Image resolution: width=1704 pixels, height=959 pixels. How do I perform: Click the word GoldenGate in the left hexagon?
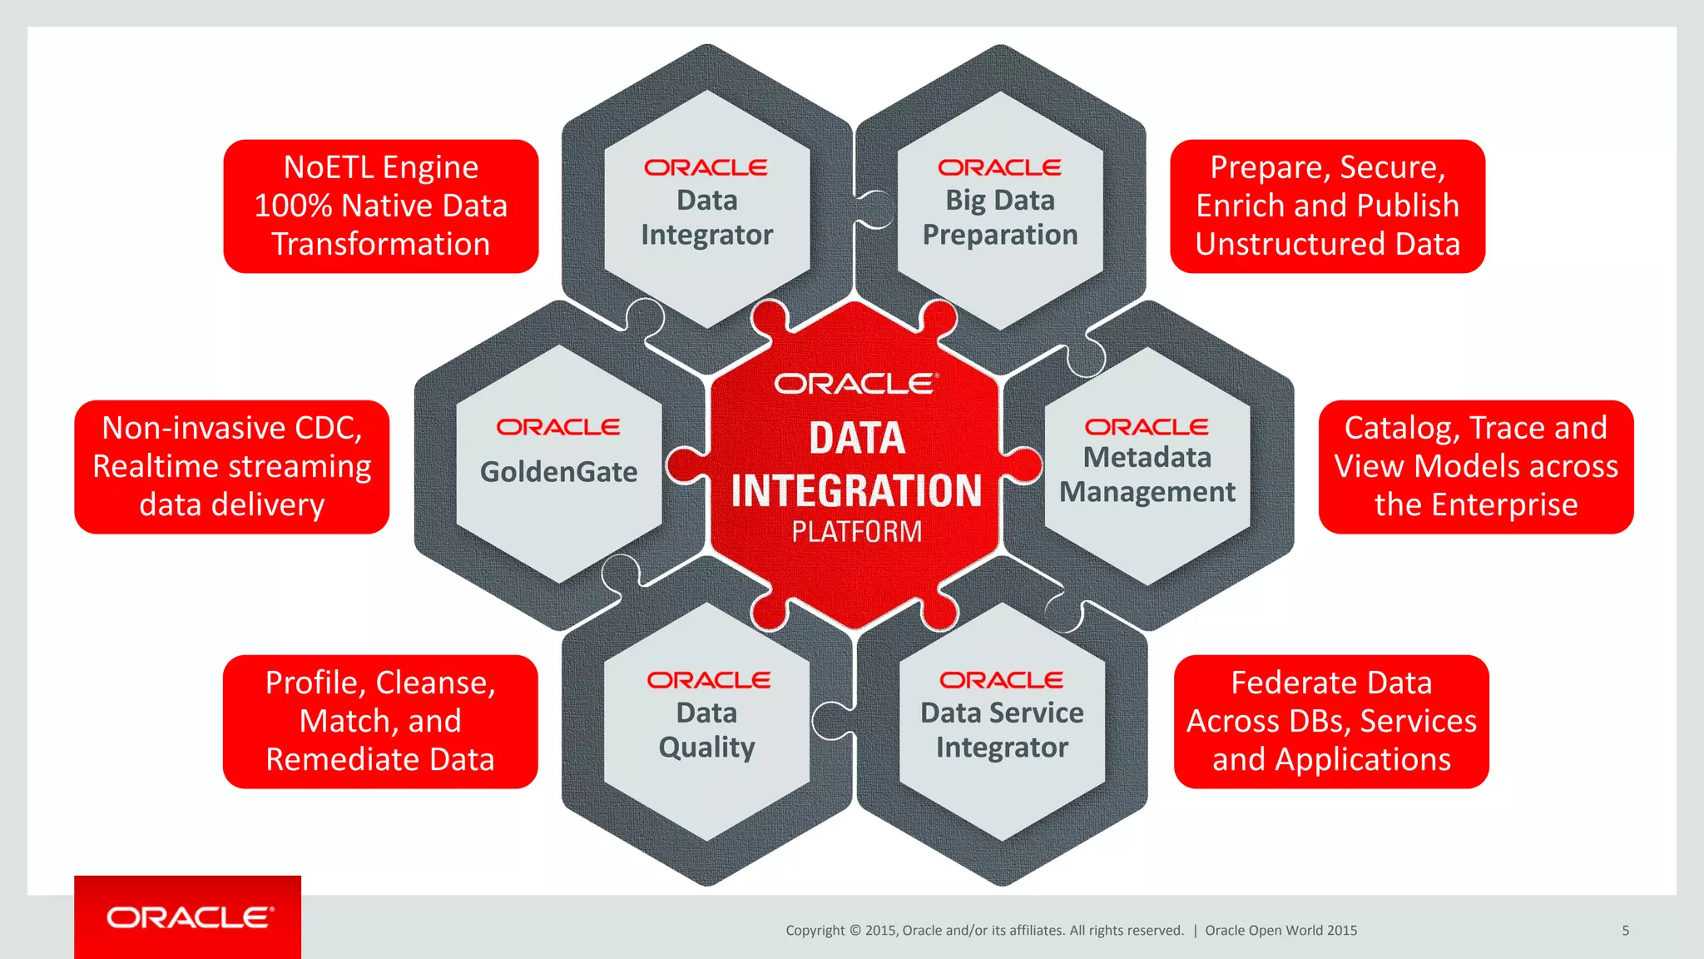[x=558, y=472]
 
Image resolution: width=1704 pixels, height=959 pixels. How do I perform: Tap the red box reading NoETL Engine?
[x=380, y=206]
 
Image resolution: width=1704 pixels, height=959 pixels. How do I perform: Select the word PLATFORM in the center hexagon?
[x=856, y=531]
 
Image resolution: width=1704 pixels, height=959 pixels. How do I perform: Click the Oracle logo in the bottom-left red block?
[x=190, y=917]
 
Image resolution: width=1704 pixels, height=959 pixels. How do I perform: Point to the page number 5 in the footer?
[x=1625, y=931]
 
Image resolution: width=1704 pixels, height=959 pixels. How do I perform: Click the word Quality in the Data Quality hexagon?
[x=706, y=748]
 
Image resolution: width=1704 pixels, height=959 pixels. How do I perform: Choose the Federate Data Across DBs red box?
[x=1330, y=721]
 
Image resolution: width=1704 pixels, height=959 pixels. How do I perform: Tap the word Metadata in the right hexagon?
[x=1147, y=457]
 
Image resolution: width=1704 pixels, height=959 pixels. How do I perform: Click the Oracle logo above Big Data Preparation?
[x=999, y=167]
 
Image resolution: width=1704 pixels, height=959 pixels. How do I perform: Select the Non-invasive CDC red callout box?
[x=231, y=466]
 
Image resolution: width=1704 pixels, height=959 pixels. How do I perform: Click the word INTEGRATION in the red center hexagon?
[x=856, y=490]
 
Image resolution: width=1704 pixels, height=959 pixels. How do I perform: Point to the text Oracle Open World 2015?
[x=1280, y=931]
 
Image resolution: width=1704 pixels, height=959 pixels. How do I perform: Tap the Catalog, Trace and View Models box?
[x=1475, y=466]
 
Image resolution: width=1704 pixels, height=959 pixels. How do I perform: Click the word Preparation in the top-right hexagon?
[x=999, y=235]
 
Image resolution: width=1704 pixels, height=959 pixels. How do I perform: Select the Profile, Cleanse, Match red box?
[x=380, y=721]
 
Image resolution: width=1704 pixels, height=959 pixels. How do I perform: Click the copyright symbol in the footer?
[x=854, y=931]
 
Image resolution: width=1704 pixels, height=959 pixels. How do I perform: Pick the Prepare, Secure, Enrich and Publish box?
[x=1327, y=206]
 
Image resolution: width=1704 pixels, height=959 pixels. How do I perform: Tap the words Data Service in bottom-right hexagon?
[x=1002, y=713]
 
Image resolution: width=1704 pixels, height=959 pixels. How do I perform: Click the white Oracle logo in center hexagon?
[x=856, y=384]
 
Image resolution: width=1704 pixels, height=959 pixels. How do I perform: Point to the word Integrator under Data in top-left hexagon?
[x=706, y=235]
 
